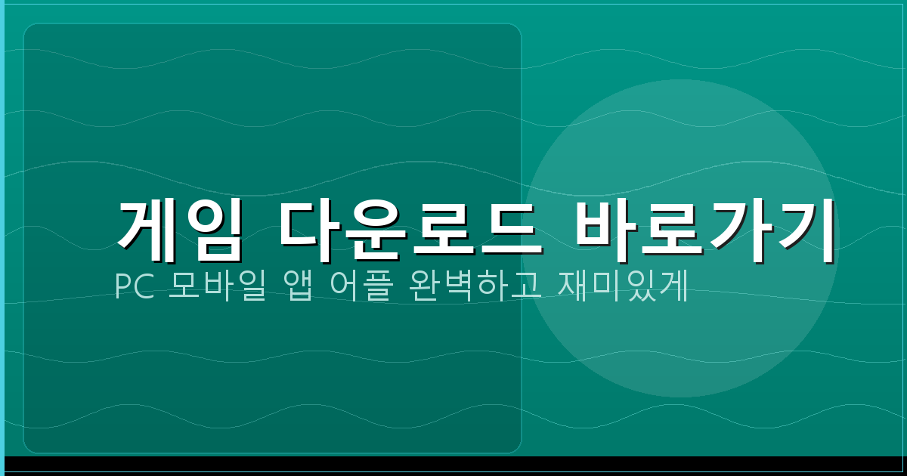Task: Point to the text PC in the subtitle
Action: coord(133,287)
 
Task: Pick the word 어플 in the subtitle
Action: coord(361,287)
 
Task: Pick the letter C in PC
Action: coord(143,287)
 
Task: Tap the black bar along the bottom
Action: coord(453,464)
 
